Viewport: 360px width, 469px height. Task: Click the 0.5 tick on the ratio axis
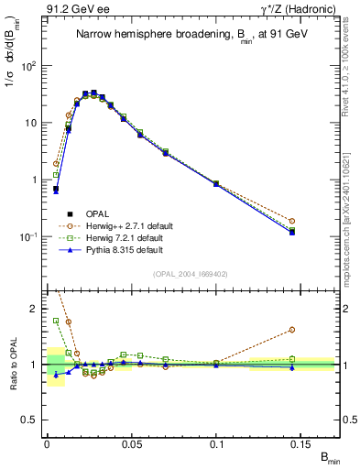click(x=32, y=420)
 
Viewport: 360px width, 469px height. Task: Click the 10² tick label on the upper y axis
click(x=30, y=66)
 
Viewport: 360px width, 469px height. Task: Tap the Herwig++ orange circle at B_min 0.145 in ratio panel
click(x=317, y=330)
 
